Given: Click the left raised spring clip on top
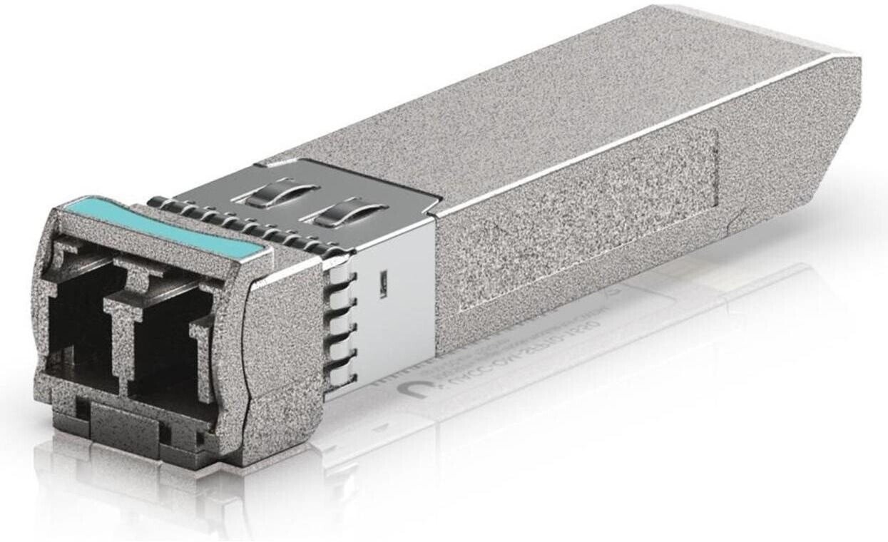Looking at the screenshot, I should point(282,193).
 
